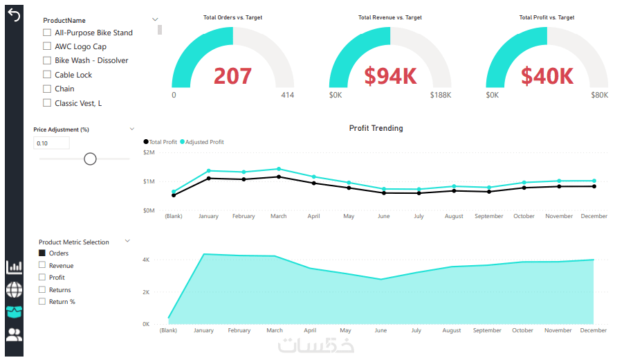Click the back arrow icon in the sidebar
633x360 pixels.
(13, 15)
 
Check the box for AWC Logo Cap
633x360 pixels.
(47, 46)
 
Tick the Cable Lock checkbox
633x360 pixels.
(47, 75)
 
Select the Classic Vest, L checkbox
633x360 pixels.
(47, 103)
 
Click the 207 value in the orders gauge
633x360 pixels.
(232, 76)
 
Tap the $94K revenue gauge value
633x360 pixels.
(390, 76)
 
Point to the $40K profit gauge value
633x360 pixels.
(547, 76)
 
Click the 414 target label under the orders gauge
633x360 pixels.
(287, 95)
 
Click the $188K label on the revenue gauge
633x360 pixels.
(441, 95)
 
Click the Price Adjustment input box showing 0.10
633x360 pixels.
(52, 143)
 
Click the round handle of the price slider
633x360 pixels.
(90, 159)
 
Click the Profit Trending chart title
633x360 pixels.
(376, 128)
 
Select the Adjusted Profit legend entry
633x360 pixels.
(203, 142)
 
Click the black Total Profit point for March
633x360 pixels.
(279, 177)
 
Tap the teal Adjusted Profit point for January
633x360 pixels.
(209, 170)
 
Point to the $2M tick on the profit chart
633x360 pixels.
(149, 152)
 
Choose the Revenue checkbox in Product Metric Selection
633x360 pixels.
(42, 265)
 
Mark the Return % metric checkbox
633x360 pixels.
(42, 301)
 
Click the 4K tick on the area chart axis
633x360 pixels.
(146, 260)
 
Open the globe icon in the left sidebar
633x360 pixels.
(14, 289)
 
